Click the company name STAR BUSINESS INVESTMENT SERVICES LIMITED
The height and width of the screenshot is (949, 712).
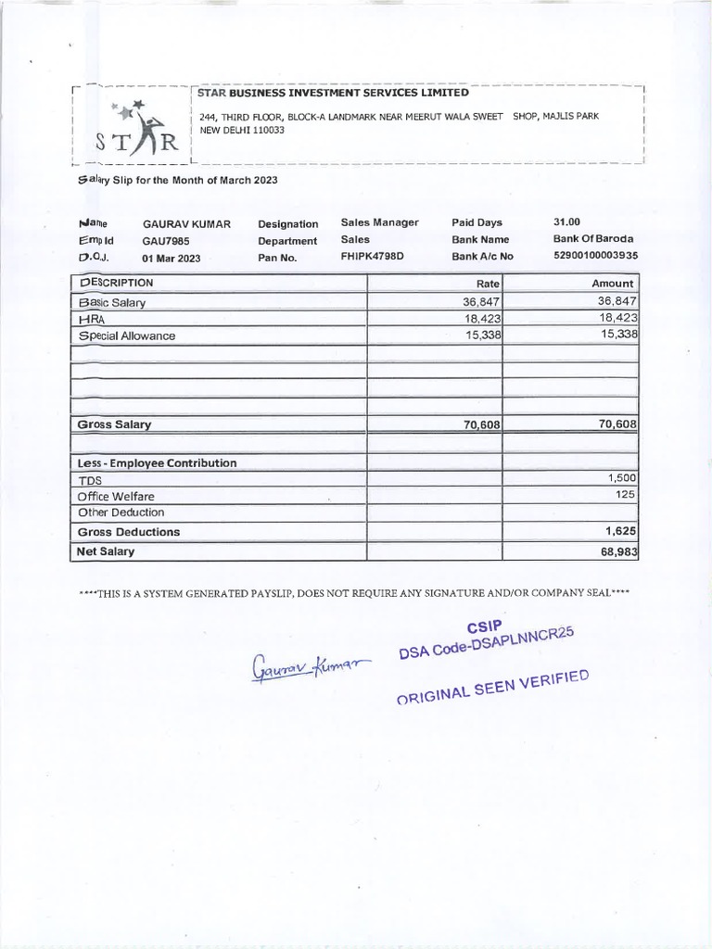point(334,93)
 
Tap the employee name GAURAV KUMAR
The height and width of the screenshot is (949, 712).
point(186,224)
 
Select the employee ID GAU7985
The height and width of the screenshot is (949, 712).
point(166,241)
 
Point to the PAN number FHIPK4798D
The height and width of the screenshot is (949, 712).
point(373,257)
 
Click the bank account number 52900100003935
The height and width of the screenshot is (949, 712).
point(595,256)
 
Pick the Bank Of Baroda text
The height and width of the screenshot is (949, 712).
point(593,239)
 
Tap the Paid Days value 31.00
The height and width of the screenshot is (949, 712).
point(566,222)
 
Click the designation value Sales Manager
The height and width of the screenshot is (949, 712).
point(379,222)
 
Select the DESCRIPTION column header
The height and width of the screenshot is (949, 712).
point(117,283)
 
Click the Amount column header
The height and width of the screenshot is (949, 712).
point(613,284)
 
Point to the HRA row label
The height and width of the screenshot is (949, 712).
point(94,319)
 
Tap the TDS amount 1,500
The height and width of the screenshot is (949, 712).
point(621,477)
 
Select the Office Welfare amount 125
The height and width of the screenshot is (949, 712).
point(627,495)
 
